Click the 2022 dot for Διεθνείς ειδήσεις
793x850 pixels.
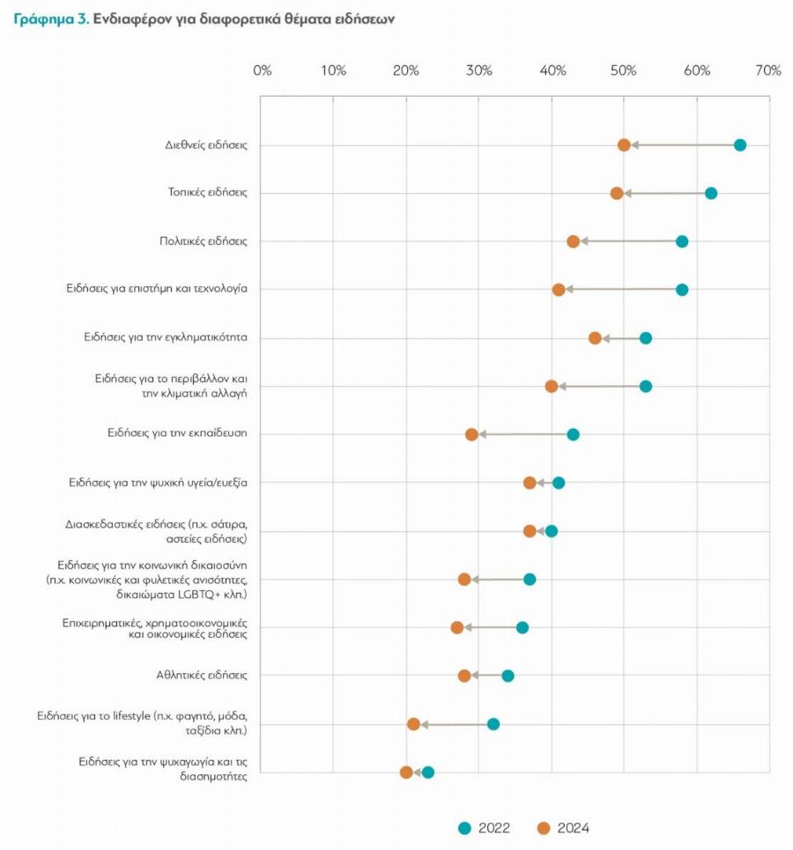tap(740, 145)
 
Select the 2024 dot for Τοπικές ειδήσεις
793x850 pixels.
tap(617, 193)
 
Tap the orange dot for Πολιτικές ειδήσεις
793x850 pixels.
tap(574, 241)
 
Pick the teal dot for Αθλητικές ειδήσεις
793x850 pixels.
tap(508, 676)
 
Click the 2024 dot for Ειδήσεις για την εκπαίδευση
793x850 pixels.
tap(471, 434)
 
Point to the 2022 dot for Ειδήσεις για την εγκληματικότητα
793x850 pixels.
tap(646, 338)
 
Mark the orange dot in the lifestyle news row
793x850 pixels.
tap(413, 724)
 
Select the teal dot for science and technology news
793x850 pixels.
tap(682, 290)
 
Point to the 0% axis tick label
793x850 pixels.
tap(262, 70)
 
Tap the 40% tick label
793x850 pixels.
tap(552, 70)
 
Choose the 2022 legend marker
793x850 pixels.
tap(465, 828)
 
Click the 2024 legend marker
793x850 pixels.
tap(543, 828)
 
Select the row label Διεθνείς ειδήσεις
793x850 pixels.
tap(205, 145)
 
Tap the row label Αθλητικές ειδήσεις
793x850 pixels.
tap(201, 676)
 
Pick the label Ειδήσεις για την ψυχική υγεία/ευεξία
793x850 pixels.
tap(158, 483)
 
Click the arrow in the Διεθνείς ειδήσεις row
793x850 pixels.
tap(682, 145)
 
